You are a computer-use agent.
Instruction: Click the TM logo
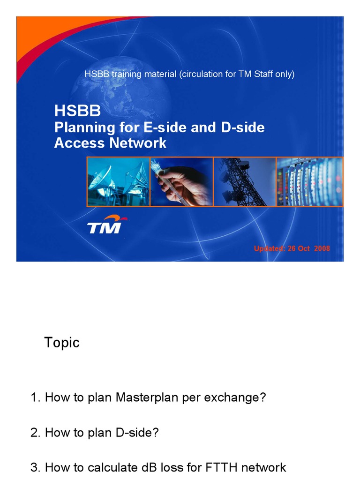pyautogui.click(x=105, y=225)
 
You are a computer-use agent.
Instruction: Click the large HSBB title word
pyautogui.click(x=77, y=111)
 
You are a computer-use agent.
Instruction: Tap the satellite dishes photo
pyautogui.click(x=118, y=182)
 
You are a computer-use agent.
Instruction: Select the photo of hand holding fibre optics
pyautogui.click(x=181, y=182)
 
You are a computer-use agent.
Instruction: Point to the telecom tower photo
pyautogui.click(x=244, y=182)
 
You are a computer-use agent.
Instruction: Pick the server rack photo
pyautogui.click(x=309, y=182)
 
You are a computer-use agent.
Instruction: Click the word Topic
pyautogui.click(x=62, y=343)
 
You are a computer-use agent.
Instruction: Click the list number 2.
pyautogui.click(x=35, y=433)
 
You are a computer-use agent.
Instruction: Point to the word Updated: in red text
pyautogui.click(x=269, y=248)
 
